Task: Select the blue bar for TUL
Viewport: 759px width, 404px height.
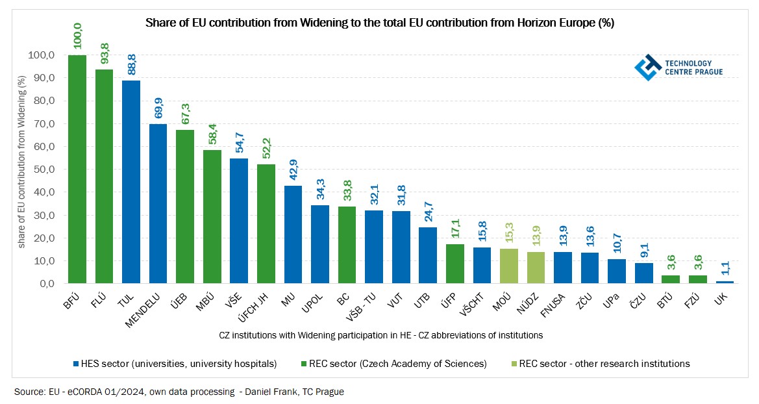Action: (131, 182)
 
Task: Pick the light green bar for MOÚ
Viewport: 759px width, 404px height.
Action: (508, 266)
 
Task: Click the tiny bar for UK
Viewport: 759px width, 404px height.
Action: (725, 282)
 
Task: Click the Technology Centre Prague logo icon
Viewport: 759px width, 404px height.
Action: (647, 66)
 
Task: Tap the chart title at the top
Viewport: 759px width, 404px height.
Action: (379, 23)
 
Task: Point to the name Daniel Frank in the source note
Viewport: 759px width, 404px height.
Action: (263, 392)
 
